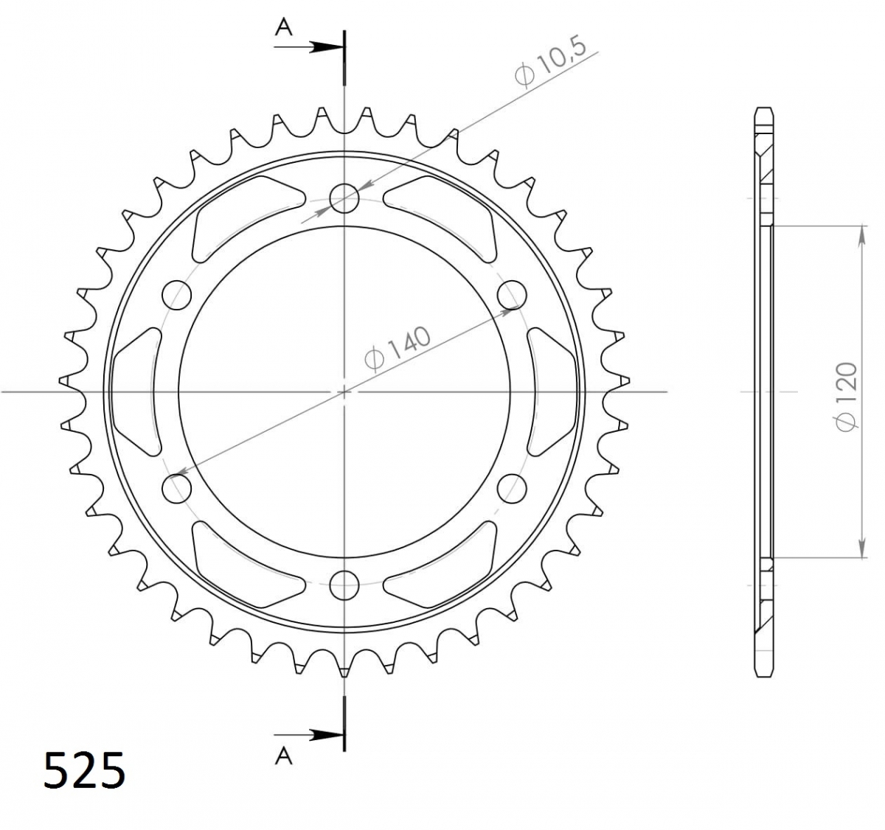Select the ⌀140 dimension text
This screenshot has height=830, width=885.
[x=398, y=349]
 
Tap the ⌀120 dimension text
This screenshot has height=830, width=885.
[x=846, y=397]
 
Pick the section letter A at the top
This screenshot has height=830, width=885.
[x=284, y=27]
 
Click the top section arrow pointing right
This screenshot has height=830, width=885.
[x=309, y=46]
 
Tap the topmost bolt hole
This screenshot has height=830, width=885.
[x=344, y=198]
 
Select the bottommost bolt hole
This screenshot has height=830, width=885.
[x=344, y=585]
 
